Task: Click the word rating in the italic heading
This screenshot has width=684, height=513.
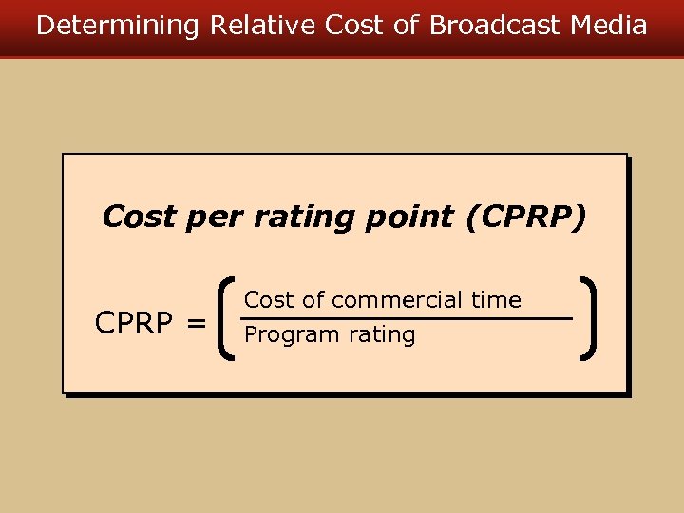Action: click(313, 218)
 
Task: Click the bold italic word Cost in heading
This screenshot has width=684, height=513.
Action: click(139, 217)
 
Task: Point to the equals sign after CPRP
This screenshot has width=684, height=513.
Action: click(196, 325)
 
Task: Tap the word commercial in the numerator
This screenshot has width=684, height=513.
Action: click(396, 300)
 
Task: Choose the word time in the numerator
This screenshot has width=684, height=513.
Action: click(496, 300)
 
